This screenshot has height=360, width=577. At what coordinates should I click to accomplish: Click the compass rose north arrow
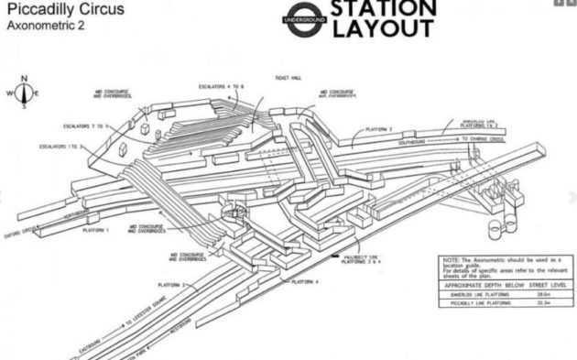click(x=26, y=82)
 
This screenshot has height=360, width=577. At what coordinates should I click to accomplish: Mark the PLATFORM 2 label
click(x=376, y=129)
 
